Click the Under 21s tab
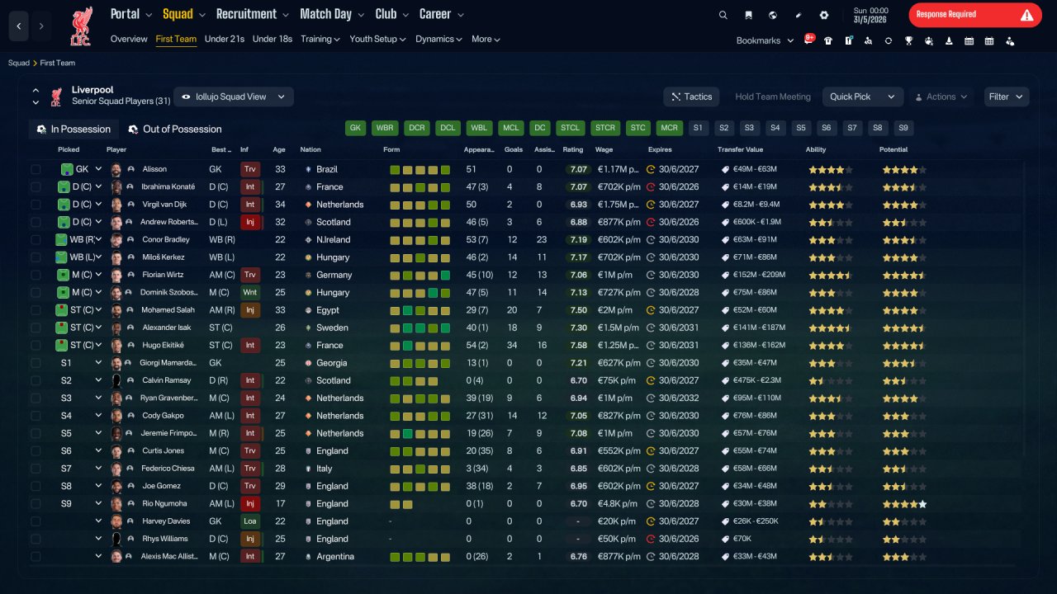(x=224, y=39)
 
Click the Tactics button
(x=691, y=97)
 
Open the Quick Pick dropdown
(x=862, y=97)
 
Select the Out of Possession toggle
(x=175, y=130)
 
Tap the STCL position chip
(x=570, y=128)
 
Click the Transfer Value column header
(x=740, y=149)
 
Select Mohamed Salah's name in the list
(x=168, y=309)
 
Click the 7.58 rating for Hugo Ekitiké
(x=578, y=345)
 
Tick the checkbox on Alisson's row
(x=36, y=169)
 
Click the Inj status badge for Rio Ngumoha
(x=249, y=503)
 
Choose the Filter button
(x=1006, y=97)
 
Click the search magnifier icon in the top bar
(x=723, y=15)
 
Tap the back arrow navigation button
(x=18, y=26)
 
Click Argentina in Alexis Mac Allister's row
(x=335, y=556)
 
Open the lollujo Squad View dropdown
(x=234, y=97)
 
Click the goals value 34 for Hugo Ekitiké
(x=512, y=345)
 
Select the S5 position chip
(x=801, y=128)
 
